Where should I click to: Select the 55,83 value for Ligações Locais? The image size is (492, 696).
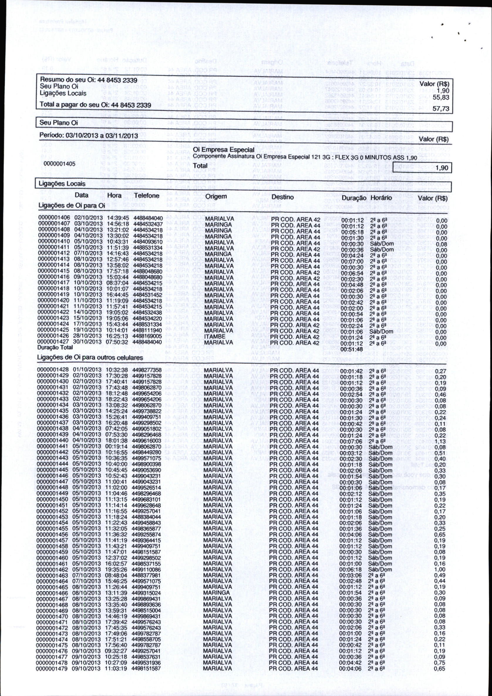pos(441,97)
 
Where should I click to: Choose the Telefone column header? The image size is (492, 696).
pos(147,196)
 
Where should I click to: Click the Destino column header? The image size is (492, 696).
pos(282,197)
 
